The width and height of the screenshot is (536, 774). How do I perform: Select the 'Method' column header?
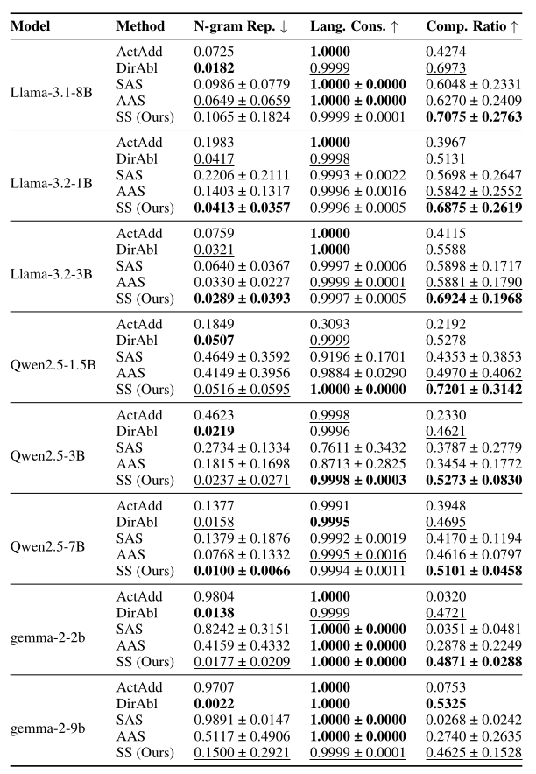(140, 26)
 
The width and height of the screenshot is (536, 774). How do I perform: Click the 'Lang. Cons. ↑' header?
(354, 26)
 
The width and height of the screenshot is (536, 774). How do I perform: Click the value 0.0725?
(213, 52)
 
